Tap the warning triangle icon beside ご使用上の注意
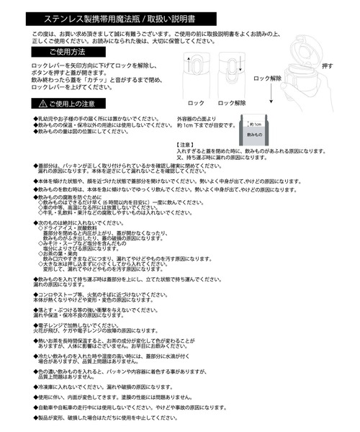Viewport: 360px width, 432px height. pyautogui.click(x=43, y=104)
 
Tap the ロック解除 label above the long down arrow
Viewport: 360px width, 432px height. pyautogui.click(x=268, y=76)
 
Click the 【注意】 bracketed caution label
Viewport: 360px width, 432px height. pyautogui.click(x=186, y=145)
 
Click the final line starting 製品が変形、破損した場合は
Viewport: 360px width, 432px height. pyautogui.click(x=114, y=417)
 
